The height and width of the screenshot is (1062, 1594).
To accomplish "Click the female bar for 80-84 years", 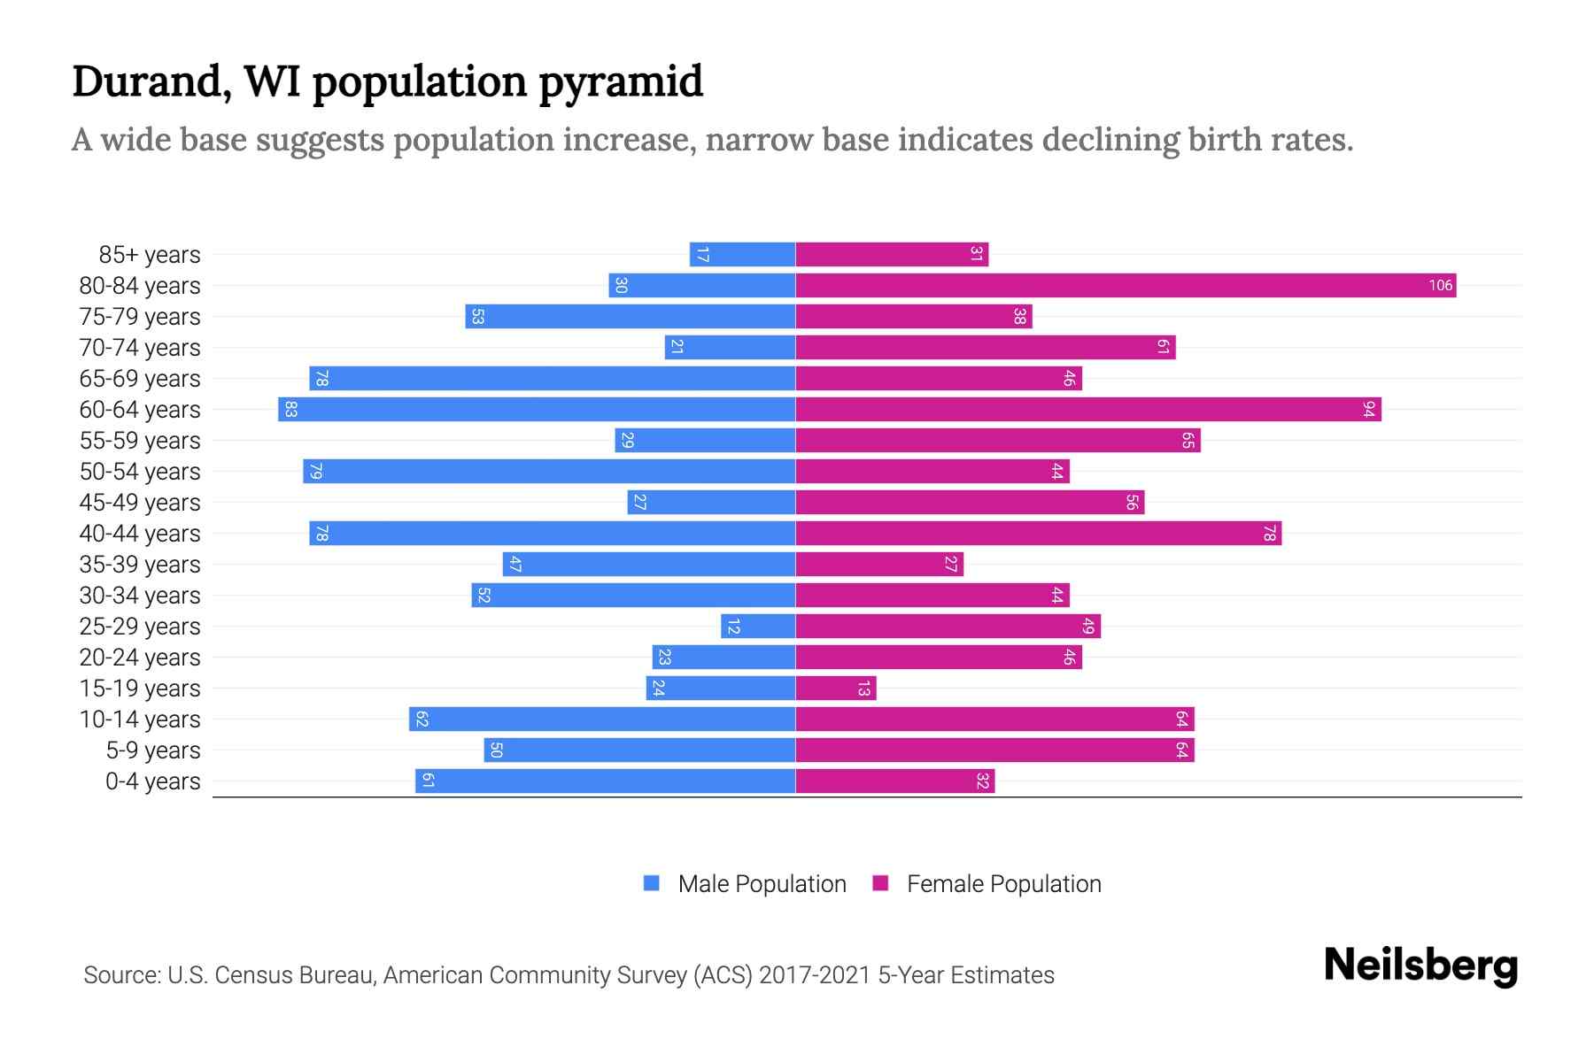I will pyautogui.click(x=1125, y=285).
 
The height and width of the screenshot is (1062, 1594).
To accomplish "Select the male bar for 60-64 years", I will pyautogui.click(x=537, y=409).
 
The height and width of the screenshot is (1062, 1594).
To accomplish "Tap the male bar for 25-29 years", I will pyautogui.click(x=758, y=627).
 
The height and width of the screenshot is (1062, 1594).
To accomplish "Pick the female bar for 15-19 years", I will pyautogui.click(x=835, y=689).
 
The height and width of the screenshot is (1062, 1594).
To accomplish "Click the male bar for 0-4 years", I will pyautogui.click(x=606, y=781).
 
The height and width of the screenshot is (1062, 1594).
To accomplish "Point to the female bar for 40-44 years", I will pyautogui.click(x=1038, y=534).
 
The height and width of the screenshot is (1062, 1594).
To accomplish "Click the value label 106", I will pyautogui.click(x=1440, y=285).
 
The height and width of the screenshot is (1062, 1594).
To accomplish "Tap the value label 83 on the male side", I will pyautogui.click(x=290, y=409).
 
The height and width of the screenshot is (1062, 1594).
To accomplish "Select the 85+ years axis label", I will pyautogui.click(x=149, y=255).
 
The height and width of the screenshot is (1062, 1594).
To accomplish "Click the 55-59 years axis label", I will pyautogui.click(x=140, y=441).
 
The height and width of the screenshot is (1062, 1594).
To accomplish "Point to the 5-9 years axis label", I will pyautogui.click(x=152, y=750).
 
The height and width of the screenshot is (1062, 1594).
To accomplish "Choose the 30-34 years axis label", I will pyautogui.click(x=140, y=596).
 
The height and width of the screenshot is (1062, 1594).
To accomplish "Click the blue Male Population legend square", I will pyautogui.click(x=652, y=883).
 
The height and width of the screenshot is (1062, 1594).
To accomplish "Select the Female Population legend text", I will pyautogui.click(x=1003, y=883).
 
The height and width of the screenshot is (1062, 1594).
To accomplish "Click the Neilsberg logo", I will pyautogui.click(x=1420, y=966).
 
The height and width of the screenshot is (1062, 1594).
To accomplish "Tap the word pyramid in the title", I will pyautogui.click(x=620, y=81).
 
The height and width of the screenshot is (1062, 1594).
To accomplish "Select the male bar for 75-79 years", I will pyautogui.click(x=630, y=316).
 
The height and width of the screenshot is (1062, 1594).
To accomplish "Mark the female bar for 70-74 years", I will pyautogui.click(x=985, y=347).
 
